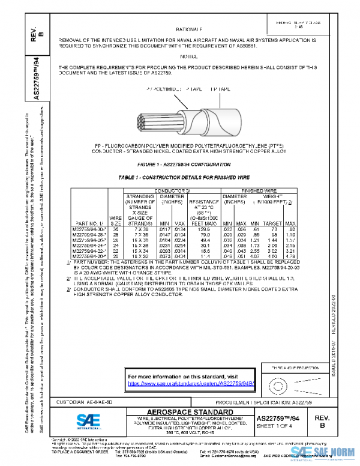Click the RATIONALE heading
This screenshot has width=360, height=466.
(x=189, y=29)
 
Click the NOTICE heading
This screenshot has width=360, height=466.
(x=188, y=55)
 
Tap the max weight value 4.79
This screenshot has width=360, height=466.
(x=292, y=256)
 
